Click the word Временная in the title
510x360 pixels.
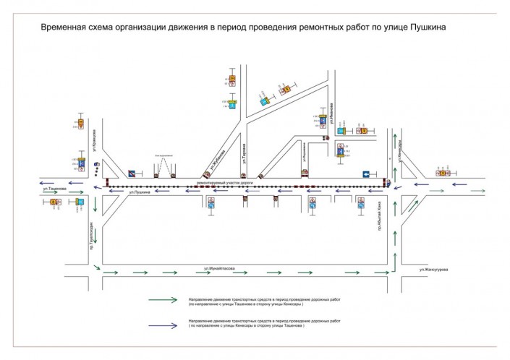[64, 27]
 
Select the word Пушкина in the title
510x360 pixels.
[426, 27]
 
